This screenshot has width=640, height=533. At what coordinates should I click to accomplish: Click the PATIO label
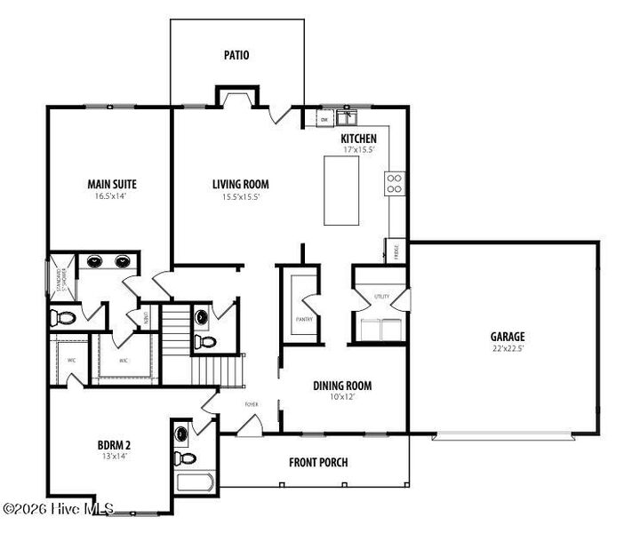click(236, 55)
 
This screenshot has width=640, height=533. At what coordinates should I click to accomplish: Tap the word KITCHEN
click(359, 139)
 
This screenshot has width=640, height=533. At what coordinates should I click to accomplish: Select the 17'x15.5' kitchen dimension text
click(359, 150)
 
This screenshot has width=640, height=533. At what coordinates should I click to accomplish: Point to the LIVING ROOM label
click(240, 185)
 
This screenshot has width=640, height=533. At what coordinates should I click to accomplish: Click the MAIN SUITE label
click(112, 185)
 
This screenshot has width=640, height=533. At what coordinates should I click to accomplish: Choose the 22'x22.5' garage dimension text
click(508, 348)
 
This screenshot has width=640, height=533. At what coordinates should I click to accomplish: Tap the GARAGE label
click(508, 337)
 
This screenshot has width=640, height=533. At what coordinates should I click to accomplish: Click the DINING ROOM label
click(341, 386)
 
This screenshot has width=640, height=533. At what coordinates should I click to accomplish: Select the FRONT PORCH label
click(318, 462)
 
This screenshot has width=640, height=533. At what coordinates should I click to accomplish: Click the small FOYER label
click(252, 404)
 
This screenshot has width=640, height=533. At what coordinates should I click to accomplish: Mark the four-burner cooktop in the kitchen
click(394, 183)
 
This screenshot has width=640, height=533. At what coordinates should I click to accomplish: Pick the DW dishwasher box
click(324, 118)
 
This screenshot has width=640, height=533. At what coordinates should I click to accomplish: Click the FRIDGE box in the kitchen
click(396, 251)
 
